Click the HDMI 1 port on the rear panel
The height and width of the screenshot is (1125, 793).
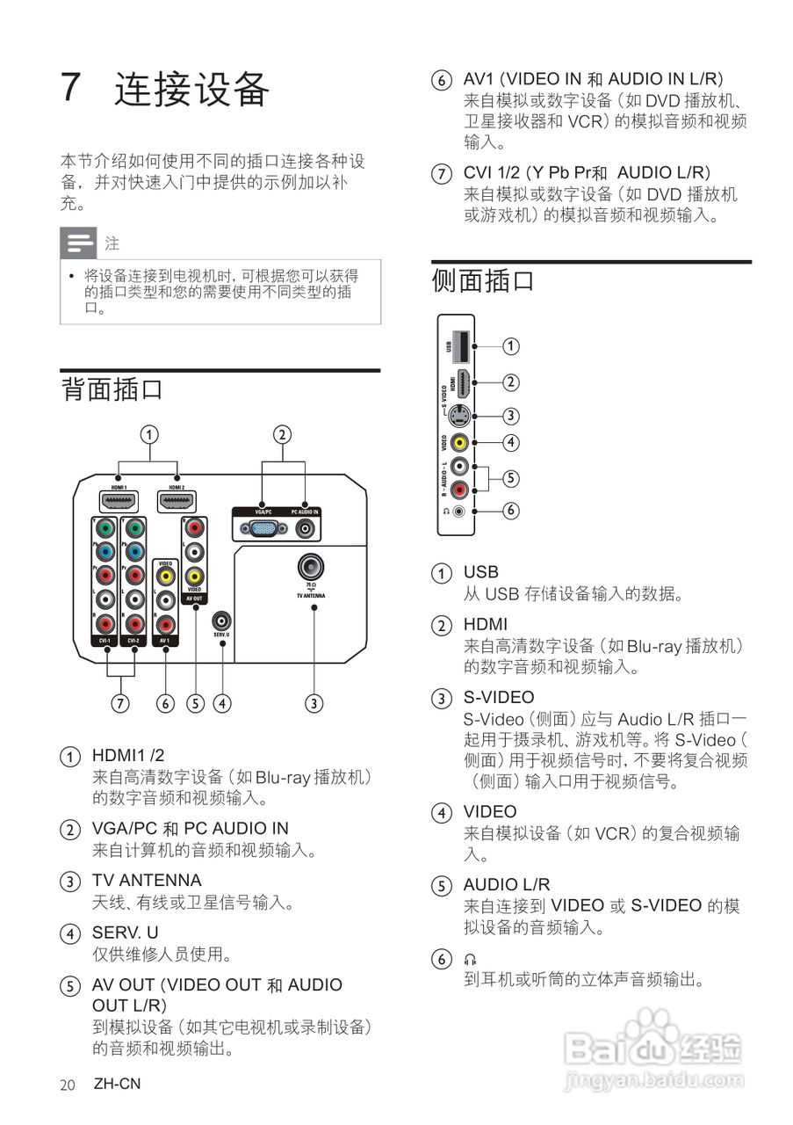(119, 502)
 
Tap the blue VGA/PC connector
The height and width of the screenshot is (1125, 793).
(261, 528)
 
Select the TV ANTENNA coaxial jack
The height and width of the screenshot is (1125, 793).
(309, 566)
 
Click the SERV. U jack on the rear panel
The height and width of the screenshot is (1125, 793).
(222, 621)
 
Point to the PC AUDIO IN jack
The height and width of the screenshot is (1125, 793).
(306, 528)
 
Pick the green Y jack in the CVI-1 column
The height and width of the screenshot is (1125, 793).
(105, 529)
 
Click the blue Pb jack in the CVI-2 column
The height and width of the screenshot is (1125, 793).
(133, 552)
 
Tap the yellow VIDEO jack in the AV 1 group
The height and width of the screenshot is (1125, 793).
(164, 577)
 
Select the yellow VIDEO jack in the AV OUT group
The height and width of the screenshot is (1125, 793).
(194, 577)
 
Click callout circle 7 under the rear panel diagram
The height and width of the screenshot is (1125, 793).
(120, 702)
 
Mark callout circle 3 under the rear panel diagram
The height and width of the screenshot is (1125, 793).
(314, 702)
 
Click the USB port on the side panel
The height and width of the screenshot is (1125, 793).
(458, 345)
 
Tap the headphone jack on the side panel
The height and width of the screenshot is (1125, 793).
(458, 511)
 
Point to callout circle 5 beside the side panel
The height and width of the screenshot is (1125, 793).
(510, 478)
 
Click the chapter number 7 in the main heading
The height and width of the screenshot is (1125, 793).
(72, 88)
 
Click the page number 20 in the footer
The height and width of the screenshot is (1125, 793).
(68, 1085)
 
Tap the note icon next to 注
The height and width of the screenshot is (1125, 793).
(78, 242)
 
